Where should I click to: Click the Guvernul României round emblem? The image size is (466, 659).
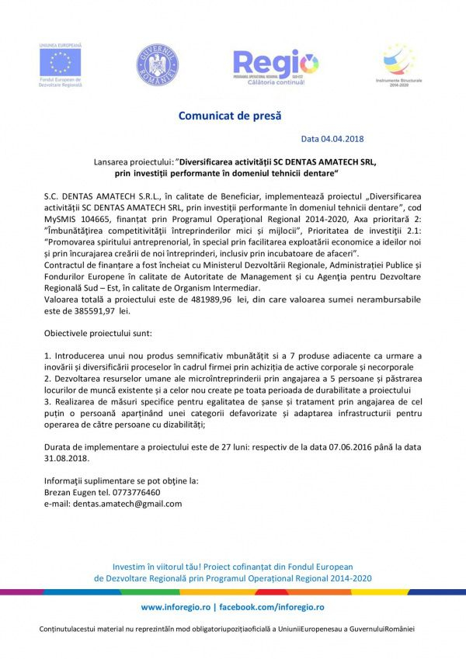tap(158, 64)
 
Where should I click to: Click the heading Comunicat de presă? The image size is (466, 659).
tap(230, 116)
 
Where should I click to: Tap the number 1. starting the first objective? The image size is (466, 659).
tap(47, 356)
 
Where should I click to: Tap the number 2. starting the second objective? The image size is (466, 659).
tap(47, 379)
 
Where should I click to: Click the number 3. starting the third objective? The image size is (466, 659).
tap(47, 402)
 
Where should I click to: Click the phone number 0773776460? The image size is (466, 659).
tap(136, 492)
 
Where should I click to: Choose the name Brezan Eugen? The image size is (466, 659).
tap(70, 492)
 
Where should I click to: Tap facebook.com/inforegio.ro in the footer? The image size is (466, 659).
tap(272, 606)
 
